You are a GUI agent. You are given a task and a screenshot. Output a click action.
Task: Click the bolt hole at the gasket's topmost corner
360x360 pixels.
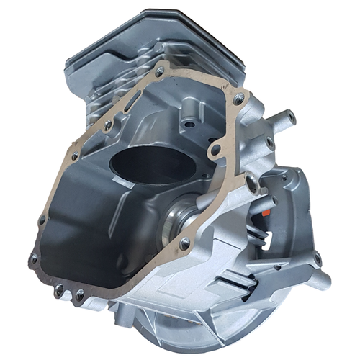click(x=159, y=71)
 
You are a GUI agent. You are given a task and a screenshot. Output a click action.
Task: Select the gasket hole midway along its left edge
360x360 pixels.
click(x=73, y=156)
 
